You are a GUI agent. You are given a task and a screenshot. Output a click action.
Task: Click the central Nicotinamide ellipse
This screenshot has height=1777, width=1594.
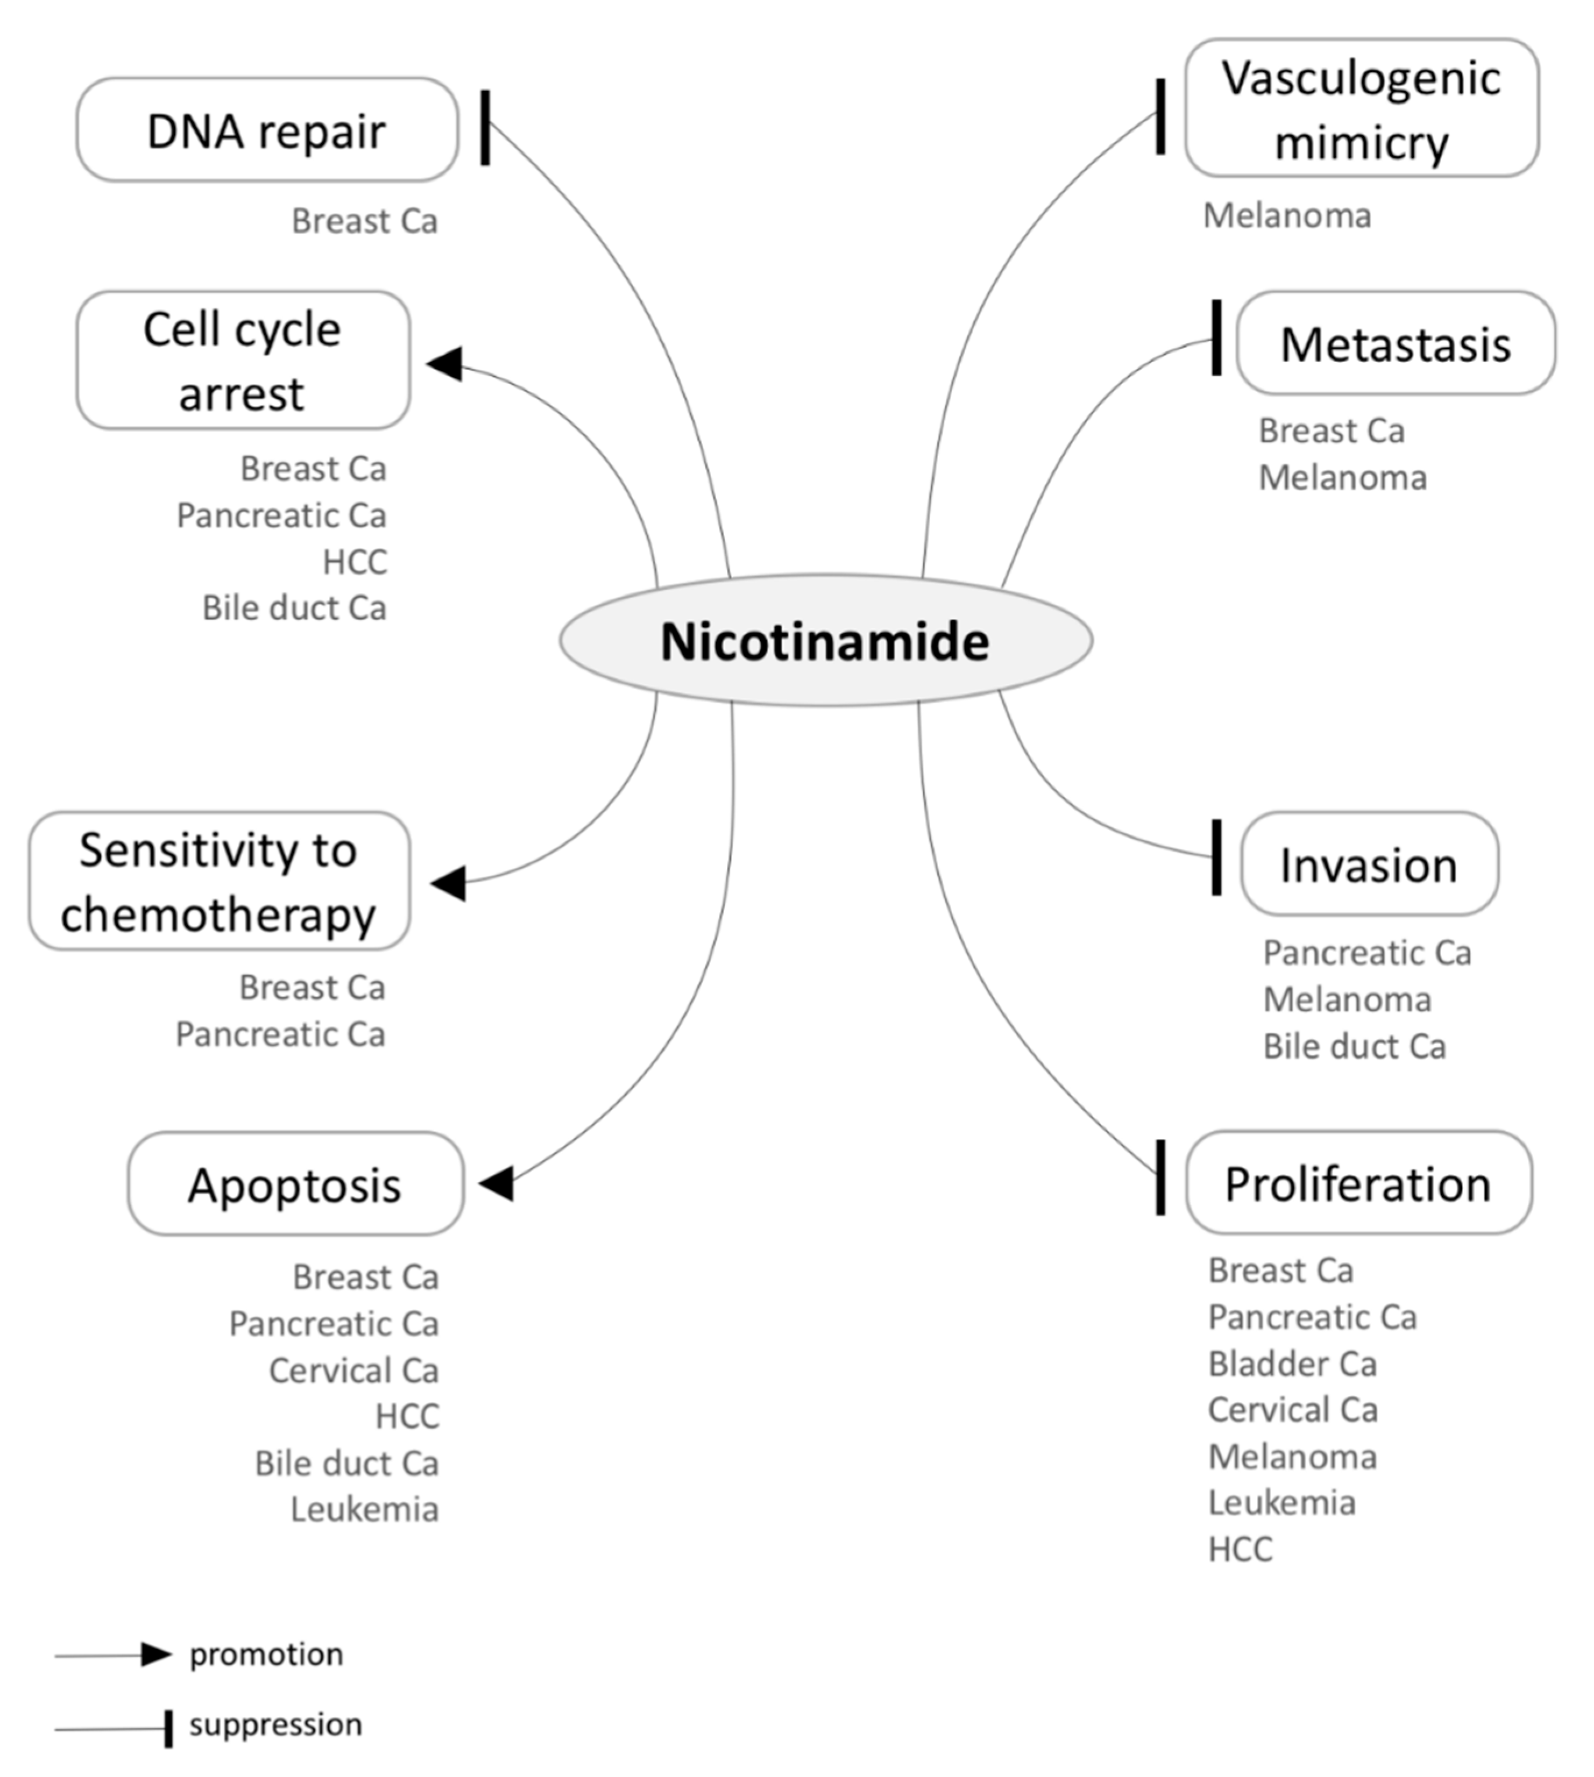[825, 642]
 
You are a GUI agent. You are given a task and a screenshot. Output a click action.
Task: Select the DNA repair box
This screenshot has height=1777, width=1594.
[267, 130]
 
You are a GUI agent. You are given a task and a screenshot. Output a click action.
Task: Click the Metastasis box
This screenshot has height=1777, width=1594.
[1395, 343]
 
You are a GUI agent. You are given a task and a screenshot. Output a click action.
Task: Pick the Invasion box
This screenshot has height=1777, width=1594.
[1369, 864]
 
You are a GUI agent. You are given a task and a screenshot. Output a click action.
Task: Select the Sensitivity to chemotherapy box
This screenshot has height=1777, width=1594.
[219, 881]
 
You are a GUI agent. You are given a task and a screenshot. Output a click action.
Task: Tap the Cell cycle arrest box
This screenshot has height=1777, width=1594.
[243, 361]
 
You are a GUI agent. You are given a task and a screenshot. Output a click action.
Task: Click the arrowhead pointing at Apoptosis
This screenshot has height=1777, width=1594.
[496, 1184]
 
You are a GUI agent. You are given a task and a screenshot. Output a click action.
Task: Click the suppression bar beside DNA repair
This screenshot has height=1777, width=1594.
[485, 128]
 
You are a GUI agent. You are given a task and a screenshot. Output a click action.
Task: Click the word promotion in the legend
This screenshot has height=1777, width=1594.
[267, 1654]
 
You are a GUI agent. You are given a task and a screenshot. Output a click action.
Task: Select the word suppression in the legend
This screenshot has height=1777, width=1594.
[275, 1725]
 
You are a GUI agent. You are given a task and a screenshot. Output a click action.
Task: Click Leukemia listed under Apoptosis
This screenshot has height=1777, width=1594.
[364, 1509]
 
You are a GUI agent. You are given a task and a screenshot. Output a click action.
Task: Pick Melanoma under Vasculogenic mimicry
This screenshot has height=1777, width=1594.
[1287, 215]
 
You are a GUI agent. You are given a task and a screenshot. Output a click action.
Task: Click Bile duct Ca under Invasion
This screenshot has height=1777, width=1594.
[1354, 1046]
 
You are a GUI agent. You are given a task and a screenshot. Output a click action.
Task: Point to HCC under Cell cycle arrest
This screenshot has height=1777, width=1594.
[355, 562]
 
